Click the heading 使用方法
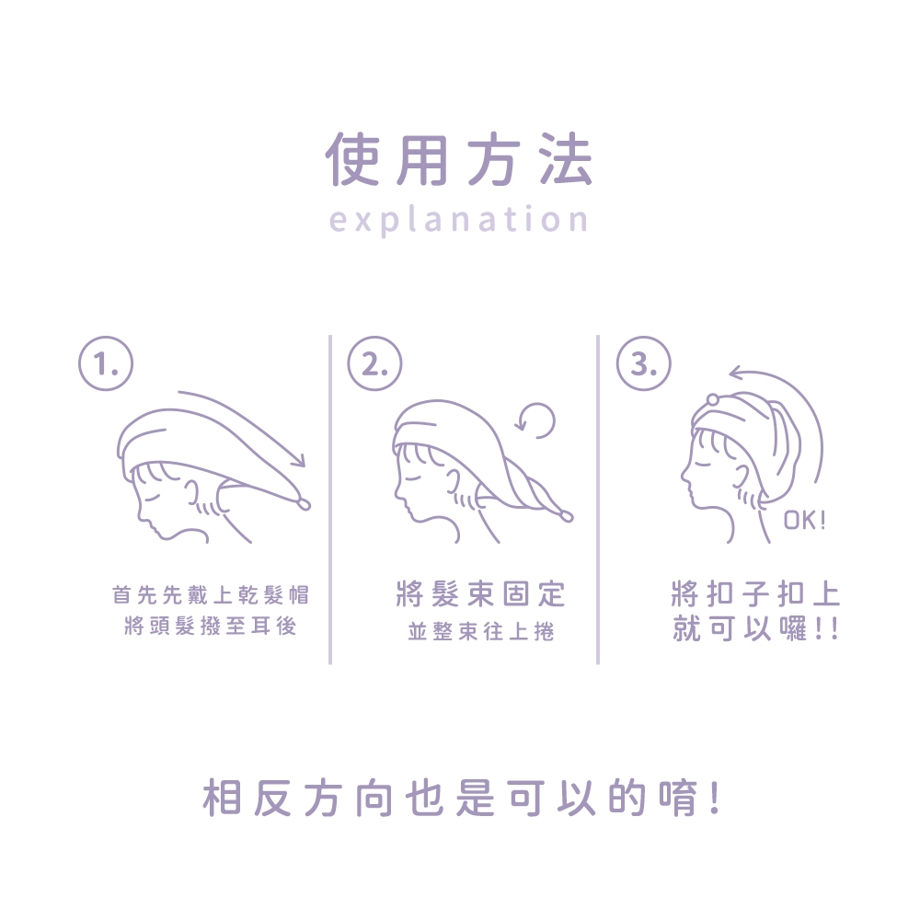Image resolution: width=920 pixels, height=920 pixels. click(459, 159)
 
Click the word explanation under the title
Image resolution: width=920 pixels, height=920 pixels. click(459, 220)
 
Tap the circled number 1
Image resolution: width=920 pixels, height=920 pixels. click(106, 363)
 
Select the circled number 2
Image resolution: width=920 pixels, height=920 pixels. click(374, 363)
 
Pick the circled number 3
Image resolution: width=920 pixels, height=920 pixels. click(643, 363)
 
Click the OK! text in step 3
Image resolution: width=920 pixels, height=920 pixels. click(805, 520)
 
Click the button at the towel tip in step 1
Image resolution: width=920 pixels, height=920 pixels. click(304, 504)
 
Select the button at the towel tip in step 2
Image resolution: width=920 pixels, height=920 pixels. click(566, 516)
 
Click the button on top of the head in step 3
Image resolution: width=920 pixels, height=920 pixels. click(712, 401)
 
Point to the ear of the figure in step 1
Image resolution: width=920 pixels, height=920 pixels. click(192, 491)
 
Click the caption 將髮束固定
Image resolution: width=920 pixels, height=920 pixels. click(481, 593)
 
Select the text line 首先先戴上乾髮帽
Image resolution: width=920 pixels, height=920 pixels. click(211, 595)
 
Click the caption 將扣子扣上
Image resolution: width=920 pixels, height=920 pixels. click(755, 593)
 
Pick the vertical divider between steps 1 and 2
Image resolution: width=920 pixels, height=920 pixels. click(330, 500)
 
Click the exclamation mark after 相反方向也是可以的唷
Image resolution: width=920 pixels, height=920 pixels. click(714, 798)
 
